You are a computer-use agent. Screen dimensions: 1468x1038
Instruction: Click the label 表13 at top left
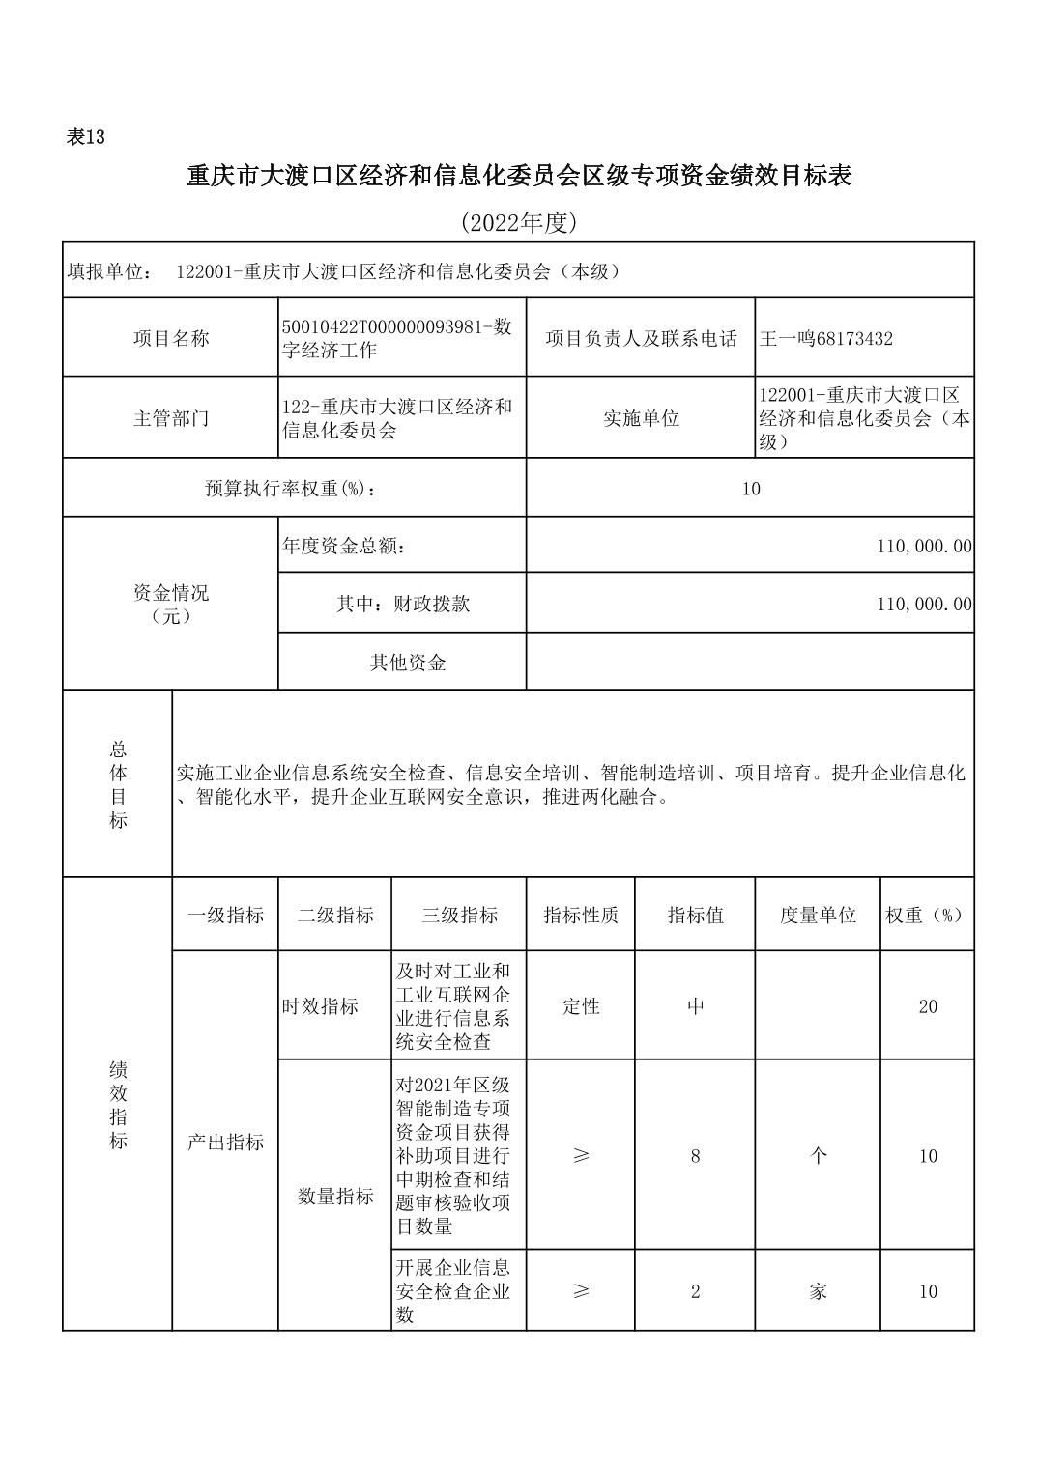85,137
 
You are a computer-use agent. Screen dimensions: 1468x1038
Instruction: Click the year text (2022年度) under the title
518,223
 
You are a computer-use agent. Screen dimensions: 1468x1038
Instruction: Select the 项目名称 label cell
170,338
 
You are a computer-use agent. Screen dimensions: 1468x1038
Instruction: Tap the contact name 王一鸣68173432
826,338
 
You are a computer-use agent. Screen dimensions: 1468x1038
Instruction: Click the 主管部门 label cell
170,418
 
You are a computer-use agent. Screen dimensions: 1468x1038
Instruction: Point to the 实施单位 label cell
641,418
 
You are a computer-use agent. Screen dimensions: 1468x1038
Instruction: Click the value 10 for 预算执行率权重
751,489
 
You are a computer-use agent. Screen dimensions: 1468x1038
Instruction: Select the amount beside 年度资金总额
924,547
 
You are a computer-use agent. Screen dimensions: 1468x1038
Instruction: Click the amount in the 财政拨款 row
924,605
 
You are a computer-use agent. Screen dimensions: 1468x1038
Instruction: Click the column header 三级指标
459,916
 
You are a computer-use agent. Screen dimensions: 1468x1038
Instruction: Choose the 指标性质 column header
581,916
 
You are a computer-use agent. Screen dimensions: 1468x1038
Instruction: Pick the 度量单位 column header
818,916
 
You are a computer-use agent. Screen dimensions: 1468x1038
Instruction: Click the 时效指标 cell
320,1006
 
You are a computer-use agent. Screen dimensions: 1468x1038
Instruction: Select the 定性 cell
581,1006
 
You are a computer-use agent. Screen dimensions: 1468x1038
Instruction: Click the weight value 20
928,1006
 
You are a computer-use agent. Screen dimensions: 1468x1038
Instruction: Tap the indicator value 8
695,1156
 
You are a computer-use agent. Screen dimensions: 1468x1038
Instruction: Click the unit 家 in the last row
818,1291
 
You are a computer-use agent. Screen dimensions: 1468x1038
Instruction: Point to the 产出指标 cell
225,1143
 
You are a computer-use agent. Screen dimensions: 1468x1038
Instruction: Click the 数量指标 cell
334,1197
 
